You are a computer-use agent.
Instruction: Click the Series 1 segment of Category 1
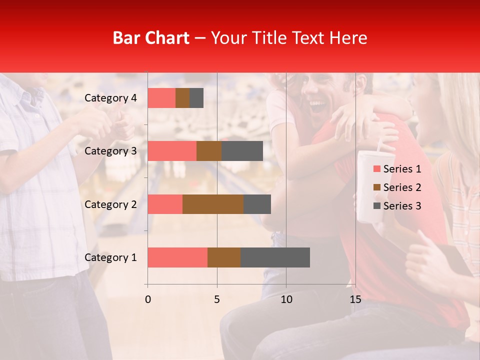click(x=177, y=257)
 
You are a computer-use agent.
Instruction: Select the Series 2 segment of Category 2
click(x=213, y=204)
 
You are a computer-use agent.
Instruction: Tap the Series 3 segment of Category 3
click(x=242, y=151)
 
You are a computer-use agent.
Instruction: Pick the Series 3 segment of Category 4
click(x=196, y=98)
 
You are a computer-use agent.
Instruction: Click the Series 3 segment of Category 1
click(x=275, y=257)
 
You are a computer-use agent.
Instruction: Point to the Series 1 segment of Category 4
click(x=161, y=98)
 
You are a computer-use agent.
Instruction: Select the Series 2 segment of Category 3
click(x=209, y=151)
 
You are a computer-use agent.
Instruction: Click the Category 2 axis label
click(x=110, y=204)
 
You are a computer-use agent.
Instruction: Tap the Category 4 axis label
click(x=110, y=98)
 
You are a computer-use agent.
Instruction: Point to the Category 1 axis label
click(x=110, y=257)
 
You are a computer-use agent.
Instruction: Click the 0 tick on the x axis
click(x=148, y=299)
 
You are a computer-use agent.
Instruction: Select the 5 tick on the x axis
click(x=217, y=299)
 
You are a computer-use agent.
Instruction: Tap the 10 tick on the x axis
click(x=286, y=299)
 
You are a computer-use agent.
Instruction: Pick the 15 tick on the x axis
click(x=355, y=299)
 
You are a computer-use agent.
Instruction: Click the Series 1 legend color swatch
click(x=376, y=169)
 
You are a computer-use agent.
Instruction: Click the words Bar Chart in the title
click(x=151, y=38)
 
